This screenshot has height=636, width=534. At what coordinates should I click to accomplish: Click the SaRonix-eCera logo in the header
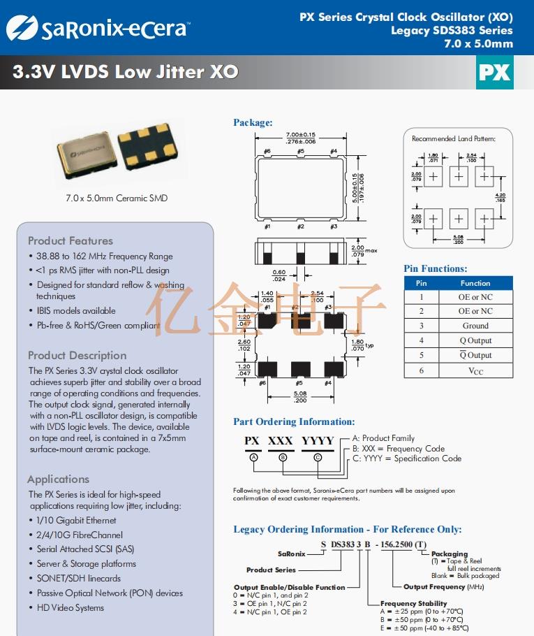click(x=98, y=28)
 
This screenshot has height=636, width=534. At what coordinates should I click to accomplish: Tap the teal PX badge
click(x=495, y=73)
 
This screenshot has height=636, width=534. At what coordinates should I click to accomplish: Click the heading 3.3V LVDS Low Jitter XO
click(x=126, y=72)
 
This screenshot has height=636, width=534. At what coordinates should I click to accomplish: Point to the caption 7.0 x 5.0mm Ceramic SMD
click(x=117, y=198)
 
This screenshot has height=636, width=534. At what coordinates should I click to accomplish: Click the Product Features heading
click(x=71, y=240)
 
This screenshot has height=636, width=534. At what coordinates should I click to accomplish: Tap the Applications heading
click(x=59, y=479)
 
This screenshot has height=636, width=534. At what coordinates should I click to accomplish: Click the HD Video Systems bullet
click(x=70, y=607)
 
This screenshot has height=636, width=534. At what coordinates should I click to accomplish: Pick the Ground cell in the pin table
click(x=475, y=326)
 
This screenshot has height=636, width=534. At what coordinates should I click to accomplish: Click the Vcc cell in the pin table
click(x=475, y=370)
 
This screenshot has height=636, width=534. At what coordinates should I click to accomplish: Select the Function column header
click(x=475, y=283)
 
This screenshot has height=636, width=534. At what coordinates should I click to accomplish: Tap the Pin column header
click(x=422, y=283)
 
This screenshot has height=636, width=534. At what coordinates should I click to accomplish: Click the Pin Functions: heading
click(x=436, y=268)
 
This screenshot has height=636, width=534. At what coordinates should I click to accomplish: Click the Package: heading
click(x=253, y=123)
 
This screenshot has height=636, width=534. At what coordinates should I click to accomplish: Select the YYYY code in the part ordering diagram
click(x=318, y=440)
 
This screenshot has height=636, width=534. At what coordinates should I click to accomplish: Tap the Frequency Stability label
click(x=413, y=603)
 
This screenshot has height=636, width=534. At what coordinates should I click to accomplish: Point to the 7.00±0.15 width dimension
click(x=301, y=134)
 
